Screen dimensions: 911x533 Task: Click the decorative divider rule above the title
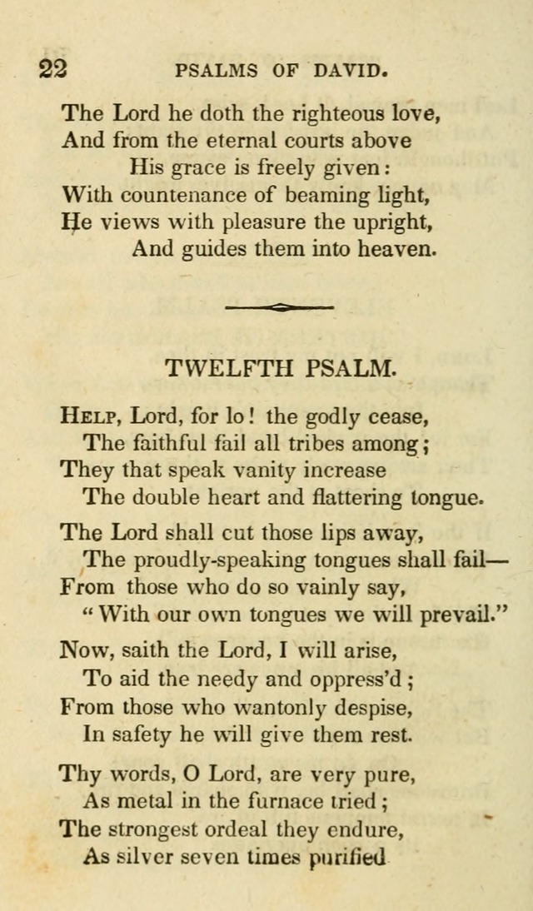279,306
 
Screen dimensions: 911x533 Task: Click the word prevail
454,615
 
